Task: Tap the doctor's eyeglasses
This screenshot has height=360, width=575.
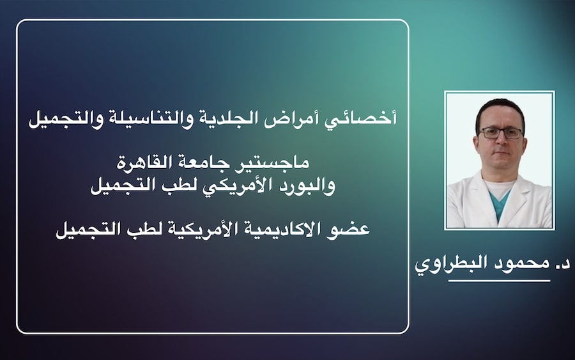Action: (x=500, y=133)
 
